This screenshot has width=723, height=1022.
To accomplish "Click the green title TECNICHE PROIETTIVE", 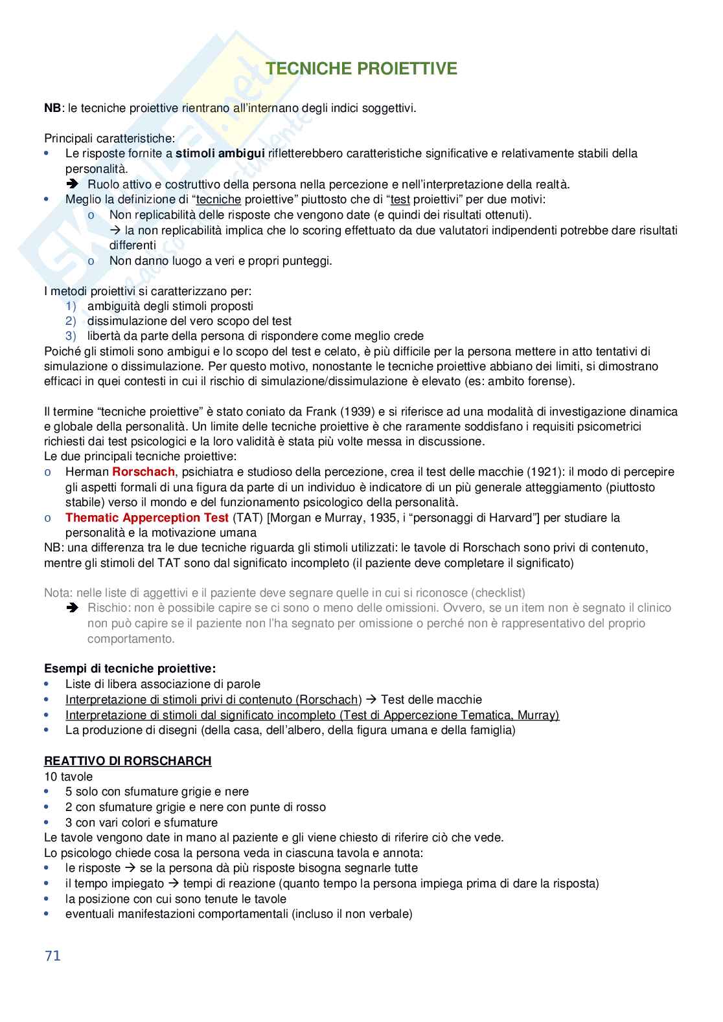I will point(361,69).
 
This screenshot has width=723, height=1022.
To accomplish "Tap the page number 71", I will point(52,955).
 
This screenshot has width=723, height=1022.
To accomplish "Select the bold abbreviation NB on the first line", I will point(52,108).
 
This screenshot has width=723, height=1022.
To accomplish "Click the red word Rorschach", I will point(143,472).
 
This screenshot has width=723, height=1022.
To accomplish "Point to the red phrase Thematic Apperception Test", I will point(147,517).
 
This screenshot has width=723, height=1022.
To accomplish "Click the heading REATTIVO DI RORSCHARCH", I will point(128,761).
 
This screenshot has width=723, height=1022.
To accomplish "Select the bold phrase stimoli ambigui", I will point(220,153).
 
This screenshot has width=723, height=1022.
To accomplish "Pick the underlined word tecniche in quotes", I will point(218,199).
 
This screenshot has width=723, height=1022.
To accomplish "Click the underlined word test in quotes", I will point(400,199).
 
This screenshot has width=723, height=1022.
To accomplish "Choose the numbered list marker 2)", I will point(71,321).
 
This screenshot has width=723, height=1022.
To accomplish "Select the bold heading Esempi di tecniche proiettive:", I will point(130,668).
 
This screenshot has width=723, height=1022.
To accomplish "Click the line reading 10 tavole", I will point(69,776).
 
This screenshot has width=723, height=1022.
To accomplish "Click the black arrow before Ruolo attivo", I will point(72,184).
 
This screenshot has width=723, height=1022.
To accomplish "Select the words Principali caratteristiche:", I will point(109,139).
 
